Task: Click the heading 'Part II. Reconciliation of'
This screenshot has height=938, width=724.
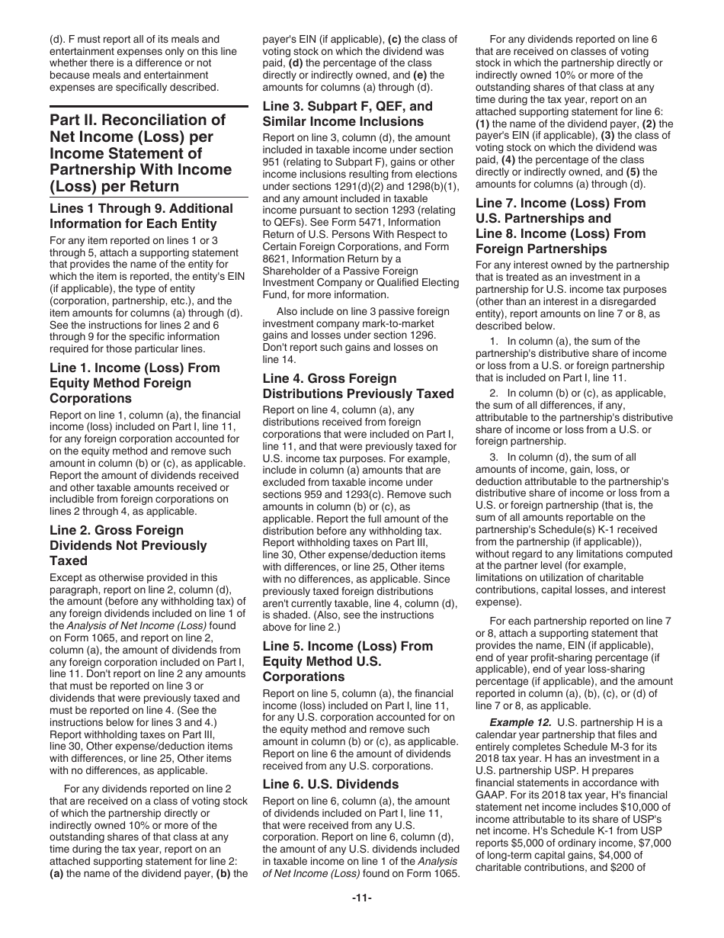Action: click(138, 120)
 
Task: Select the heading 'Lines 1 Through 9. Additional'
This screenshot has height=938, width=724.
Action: click(141, 208)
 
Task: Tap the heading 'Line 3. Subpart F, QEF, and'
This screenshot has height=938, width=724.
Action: click(347, 106)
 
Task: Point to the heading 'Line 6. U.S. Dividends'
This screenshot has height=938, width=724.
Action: click(330, 784)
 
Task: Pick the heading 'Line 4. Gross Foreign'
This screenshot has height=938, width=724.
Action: click(329, 378)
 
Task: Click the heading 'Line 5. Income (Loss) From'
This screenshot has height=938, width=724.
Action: click(347, 646)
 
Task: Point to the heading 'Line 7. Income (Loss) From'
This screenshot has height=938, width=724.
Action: click(560, 203)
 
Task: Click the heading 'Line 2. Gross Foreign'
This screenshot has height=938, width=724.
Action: click(117, 530)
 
